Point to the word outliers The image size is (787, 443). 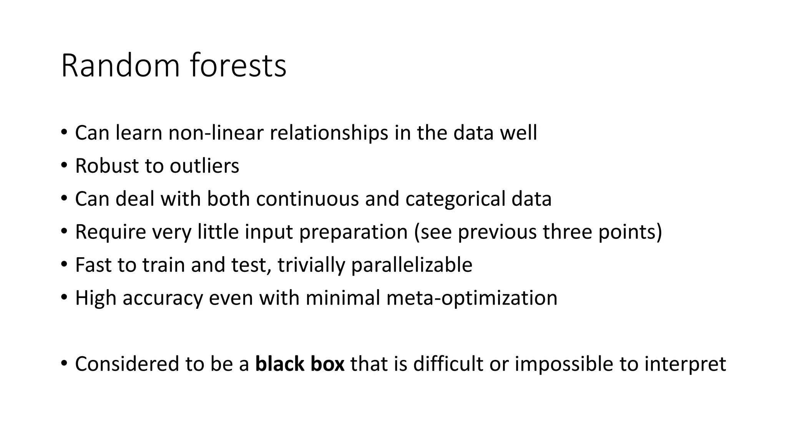[204, 166]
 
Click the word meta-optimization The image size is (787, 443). [472, 298]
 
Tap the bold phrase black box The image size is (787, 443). [300, 364]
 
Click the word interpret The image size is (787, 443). [685, 364]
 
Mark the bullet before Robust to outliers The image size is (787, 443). [64, 166]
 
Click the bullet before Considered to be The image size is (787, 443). [64, 364]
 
